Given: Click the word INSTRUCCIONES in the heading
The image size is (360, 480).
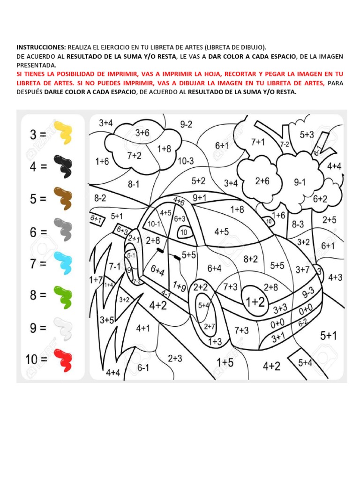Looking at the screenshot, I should (x=41, y=47).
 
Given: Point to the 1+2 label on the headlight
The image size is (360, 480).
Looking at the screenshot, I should (x=255, y=302).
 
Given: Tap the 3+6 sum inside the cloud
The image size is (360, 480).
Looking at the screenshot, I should (x=142, y=133).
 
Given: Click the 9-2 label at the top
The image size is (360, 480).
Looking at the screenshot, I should (x=186, y=125).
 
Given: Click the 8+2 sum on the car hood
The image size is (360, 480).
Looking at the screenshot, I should (x=250, y=259).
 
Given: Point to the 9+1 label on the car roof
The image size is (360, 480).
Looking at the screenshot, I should (x=200, y=197).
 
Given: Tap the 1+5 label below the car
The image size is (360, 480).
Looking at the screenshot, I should (x=225, y=362).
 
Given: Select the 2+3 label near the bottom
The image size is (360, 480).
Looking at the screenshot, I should (x=175, y=359).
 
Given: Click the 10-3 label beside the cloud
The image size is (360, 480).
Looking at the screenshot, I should (x=186, y=160).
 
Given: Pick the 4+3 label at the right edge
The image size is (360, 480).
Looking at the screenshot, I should (x=335, y=277).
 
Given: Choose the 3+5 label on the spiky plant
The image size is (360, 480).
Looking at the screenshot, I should (x=106, y=320).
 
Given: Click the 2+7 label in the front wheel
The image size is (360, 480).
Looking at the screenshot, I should (x=210, y=326).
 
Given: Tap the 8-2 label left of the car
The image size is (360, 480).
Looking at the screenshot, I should (x=100, y=198).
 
